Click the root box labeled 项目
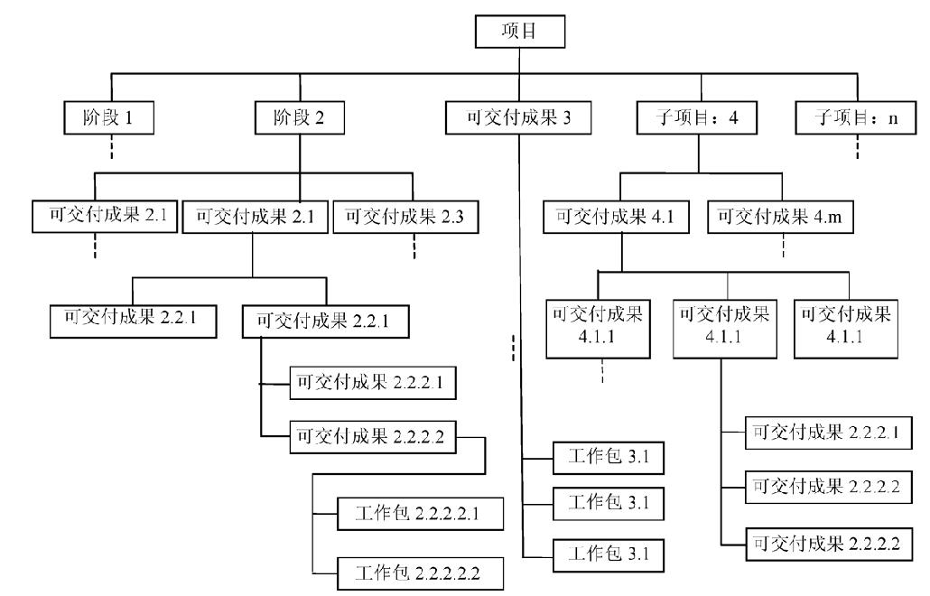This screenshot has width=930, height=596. pos(519,32)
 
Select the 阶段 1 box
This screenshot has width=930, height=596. pos(109,117)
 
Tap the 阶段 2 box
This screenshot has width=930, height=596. pos(300,117)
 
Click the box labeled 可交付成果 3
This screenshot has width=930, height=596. pos(518,117)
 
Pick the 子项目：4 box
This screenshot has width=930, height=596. pos(697,117)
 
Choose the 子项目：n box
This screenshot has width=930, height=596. pos(856,117)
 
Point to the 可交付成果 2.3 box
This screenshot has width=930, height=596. pos(405,217)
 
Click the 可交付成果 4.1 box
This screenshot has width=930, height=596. pos(617,217)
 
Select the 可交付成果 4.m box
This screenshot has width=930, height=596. pos(780,217)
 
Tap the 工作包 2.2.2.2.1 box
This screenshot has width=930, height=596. pos(421,514)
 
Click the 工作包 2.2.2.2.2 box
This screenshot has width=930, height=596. pos(421,573)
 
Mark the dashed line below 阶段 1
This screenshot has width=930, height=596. pos(111,146)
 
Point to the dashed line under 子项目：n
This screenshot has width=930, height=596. pos(857,146)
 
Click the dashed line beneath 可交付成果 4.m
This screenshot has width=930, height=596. pos(783,246)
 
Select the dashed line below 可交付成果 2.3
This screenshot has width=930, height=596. pos(414,247)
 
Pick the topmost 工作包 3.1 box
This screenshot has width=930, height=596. pos(609,458)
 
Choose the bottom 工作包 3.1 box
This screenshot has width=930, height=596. pos(609,555)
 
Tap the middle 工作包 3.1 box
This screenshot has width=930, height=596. pos(609,504)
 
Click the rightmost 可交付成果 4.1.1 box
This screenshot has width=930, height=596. pos(846,329)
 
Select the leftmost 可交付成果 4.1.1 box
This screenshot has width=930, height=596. pos(598,329)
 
